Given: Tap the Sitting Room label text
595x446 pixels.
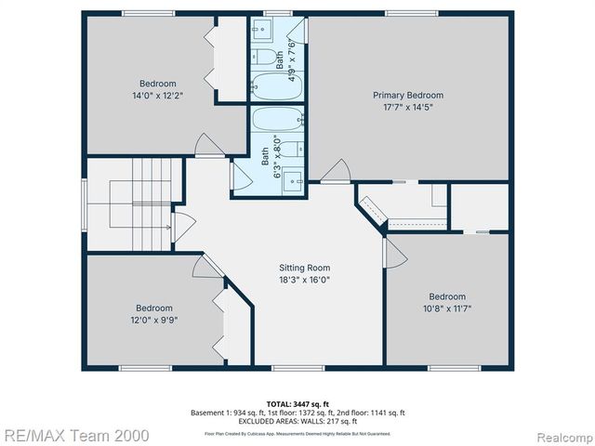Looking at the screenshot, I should (304, 267).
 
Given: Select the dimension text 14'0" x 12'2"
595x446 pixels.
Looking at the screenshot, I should (157, 94).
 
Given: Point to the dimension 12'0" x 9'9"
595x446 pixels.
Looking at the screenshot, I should (153, 320).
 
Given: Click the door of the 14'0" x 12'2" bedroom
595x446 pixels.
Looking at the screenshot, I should (209, 146).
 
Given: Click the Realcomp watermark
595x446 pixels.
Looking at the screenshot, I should (561, 434).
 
